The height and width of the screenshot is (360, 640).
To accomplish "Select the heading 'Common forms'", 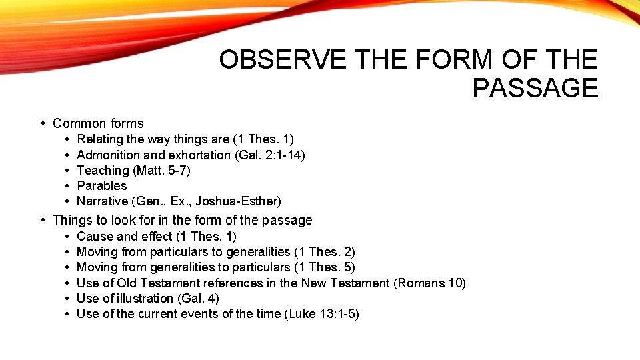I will [x=98, y=123].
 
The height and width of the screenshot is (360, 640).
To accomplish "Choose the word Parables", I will [x=102, y=185].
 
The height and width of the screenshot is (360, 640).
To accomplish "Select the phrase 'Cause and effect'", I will [x=126, y=236].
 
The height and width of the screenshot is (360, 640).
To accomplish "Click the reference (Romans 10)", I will [x=430, y=283].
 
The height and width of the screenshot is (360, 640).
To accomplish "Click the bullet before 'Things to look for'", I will [x=42, y=220].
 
